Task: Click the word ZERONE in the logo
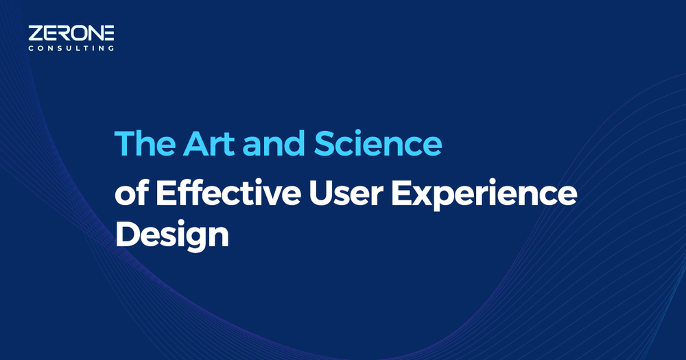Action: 71,33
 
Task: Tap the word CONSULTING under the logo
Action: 71,48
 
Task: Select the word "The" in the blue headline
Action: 145,143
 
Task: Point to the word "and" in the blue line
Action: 274,143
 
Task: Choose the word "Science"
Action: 378,143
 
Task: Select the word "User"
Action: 346,193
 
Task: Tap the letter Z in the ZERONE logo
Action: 35,33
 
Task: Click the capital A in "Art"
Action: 196,143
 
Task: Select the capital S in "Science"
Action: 325,143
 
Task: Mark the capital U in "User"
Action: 320,193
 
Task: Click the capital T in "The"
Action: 125,143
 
